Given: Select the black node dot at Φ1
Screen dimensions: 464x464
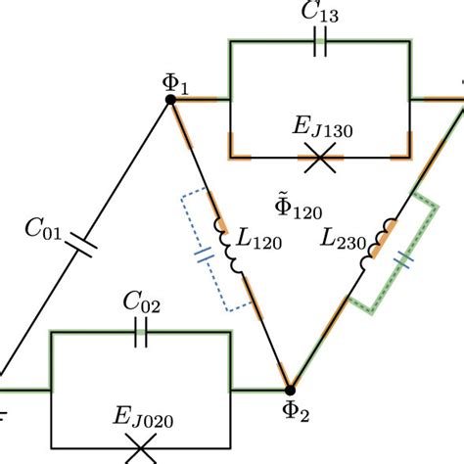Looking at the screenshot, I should [x=170, y=99].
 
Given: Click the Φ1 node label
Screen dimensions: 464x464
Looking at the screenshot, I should [x=174, y=78].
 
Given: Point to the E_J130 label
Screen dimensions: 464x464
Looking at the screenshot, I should [x=319, y=128].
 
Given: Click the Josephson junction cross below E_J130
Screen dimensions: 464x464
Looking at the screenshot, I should [x=319, y=159].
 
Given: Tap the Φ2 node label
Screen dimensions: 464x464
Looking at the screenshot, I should [x=292, y=414].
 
